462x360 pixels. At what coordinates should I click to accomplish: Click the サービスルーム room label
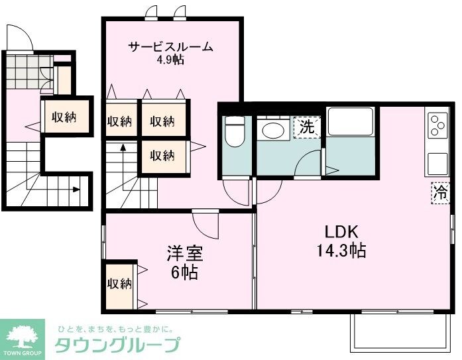170,47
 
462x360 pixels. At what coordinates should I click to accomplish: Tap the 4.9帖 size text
170,60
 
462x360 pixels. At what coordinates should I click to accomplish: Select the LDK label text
341,232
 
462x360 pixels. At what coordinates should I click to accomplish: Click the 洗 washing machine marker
306,126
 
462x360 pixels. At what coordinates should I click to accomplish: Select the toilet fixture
235,133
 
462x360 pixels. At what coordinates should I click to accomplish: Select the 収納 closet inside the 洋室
120,284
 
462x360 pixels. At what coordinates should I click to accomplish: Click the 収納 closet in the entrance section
64,117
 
